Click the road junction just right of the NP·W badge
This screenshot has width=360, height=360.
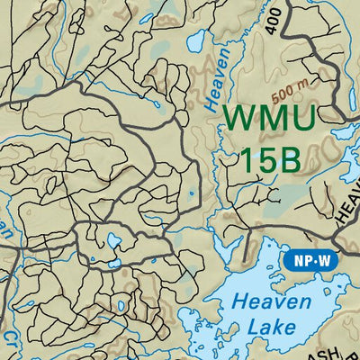[334, 241]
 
